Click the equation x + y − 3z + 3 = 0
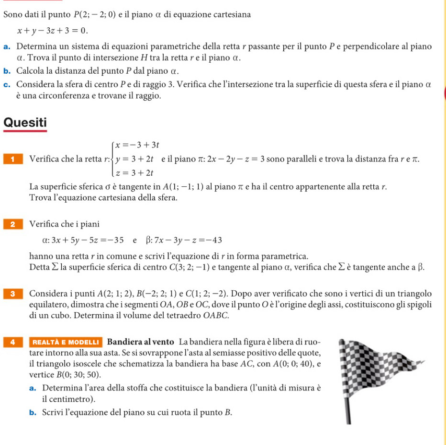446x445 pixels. pyautogui.click(x=53, y=31)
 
